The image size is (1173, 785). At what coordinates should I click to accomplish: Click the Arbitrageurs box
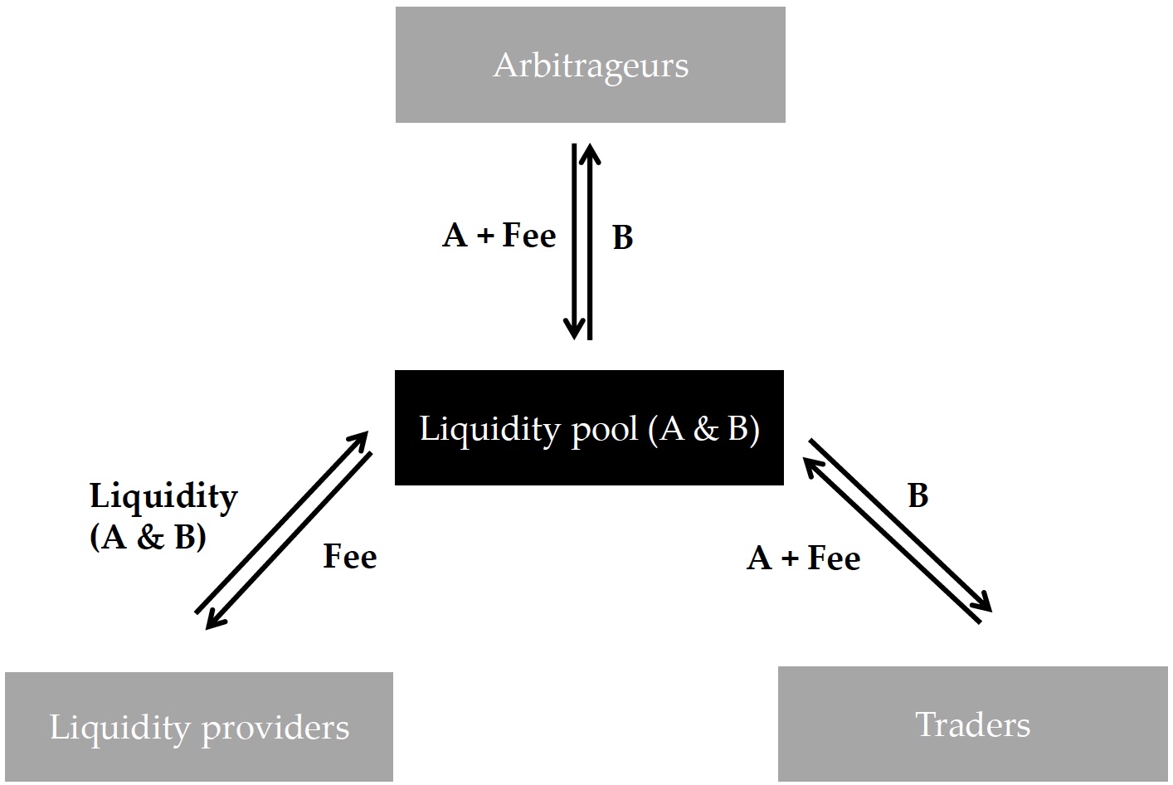590,65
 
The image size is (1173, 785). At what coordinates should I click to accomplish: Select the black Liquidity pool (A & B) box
589,428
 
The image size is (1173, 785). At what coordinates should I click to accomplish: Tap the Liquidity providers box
199,727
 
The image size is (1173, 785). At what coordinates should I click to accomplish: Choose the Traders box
973,724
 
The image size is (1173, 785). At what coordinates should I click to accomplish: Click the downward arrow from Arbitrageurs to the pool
574,241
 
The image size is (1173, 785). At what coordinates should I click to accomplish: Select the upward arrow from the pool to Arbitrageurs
590,241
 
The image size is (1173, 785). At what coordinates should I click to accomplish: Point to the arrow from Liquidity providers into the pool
282,522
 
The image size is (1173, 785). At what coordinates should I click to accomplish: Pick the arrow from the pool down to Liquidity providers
289,540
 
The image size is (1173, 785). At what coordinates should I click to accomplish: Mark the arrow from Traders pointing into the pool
892,540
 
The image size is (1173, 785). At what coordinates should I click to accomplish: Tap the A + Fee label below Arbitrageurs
499,235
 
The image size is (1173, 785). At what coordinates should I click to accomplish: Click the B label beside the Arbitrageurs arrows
623,237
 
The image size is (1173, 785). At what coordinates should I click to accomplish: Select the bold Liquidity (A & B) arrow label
164,516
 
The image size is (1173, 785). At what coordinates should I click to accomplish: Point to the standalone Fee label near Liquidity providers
350,556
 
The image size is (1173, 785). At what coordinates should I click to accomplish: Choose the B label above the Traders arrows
918,495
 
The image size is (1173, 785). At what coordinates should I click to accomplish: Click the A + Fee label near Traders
803,558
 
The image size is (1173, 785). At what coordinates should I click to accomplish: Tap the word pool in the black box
604,431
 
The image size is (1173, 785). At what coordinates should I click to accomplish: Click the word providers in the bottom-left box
275,729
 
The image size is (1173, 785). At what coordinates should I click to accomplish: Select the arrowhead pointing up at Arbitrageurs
590,154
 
